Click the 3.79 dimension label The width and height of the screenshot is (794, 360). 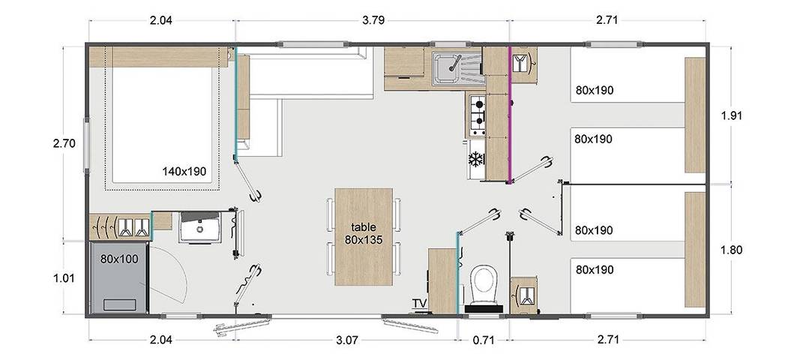pos(373,20)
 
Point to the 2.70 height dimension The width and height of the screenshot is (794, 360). pos(64,142)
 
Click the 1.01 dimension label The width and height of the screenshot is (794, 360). pos(64,277)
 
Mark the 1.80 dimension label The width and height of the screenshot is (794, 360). pos(731,250)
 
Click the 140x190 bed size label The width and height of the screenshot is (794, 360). pos(184,171)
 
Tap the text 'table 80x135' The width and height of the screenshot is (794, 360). pos(363,233)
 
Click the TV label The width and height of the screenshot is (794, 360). pos(419,303)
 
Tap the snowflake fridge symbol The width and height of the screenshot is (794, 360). pos(475,159)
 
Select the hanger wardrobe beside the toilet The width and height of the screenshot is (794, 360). pos(523,295)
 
